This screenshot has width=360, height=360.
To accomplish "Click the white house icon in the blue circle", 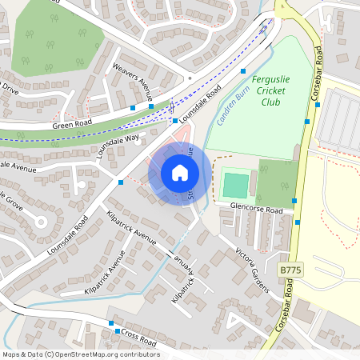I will coord(180,173).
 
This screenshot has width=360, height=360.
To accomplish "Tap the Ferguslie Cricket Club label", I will coord(277,90).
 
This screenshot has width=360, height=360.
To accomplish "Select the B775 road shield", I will coord(290,272).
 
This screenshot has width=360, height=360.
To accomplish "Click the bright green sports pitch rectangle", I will coord(235,185).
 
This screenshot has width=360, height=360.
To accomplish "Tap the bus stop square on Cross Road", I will coord(118,331).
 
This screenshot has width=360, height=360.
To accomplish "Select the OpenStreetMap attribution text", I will coord(80,354).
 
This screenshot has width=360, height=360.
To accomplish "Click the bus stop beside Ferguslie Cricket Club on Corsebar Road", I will coord(307,121).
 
